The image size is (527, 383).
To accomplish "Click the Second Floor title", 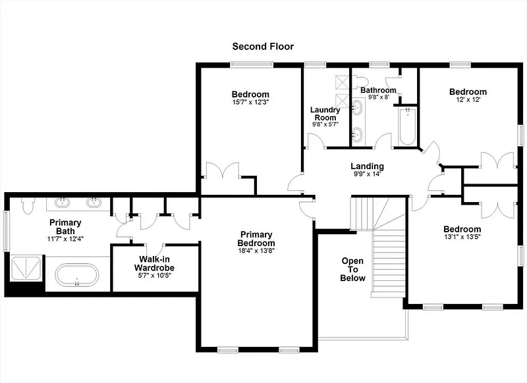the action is [x=263, y=46].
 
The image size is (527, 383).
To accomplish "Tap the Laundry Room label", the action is [x=325, y=114].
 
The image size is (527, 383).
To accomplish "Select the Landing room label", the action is [x=367, y=166].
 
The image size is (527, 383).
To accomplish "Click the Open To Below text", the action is [x=352, y=270].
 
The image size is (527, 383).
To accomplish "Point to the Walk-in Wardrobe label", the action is [x=154, y=263].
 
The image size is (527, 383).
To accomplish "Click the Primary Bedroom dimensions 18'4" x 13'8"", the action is [x=256, y=251].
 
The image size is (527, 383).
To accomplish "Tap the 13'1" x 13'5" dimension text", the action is [x=462, y=237].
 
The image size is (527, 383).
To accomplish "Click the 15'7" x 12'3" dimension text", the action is [x=250, y=102].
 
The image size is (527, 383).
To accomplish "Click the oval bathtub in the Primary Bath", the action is [x=77, y=275].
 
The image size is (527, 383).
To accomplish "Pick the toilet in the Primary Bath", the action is [x=28, y=205].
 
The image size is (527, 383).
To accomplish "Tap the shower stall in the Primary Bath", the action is [x=26, y=268].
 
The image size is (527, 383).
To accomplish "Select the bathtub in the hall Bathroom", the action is [x=406, y=126].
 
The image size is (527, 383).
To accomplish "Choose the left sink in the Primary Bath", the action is [x=62, y=202].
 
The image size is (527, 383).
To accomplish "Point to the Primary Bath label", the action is [x=65, y=227].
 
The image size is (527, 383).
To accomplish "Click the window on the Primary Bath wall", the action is [x=6, y=230].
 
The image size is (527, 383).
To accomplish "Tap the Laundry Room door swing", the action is [x=316, y=140].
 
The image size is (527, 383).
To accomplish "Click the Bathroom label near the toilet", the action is [x=378, y=90].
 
